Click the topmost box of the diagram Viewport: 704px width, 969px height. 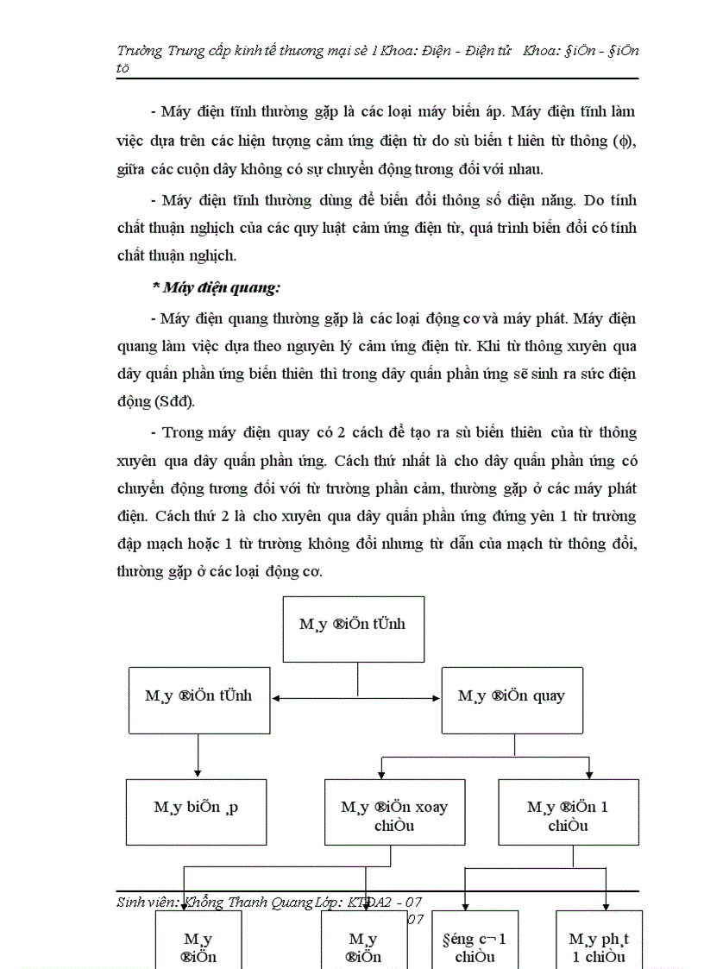tap(354, 629)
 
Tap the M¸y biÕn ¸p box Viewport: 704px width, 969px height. tap(197, 812)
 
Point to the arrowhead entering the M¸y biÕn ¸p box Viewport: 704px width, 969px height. tap(198, 773)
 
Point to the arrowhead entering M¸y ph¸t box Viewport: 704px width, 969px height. tap(607, 905)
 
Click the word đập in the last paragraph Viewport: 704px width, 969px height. tap(132, 544)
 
